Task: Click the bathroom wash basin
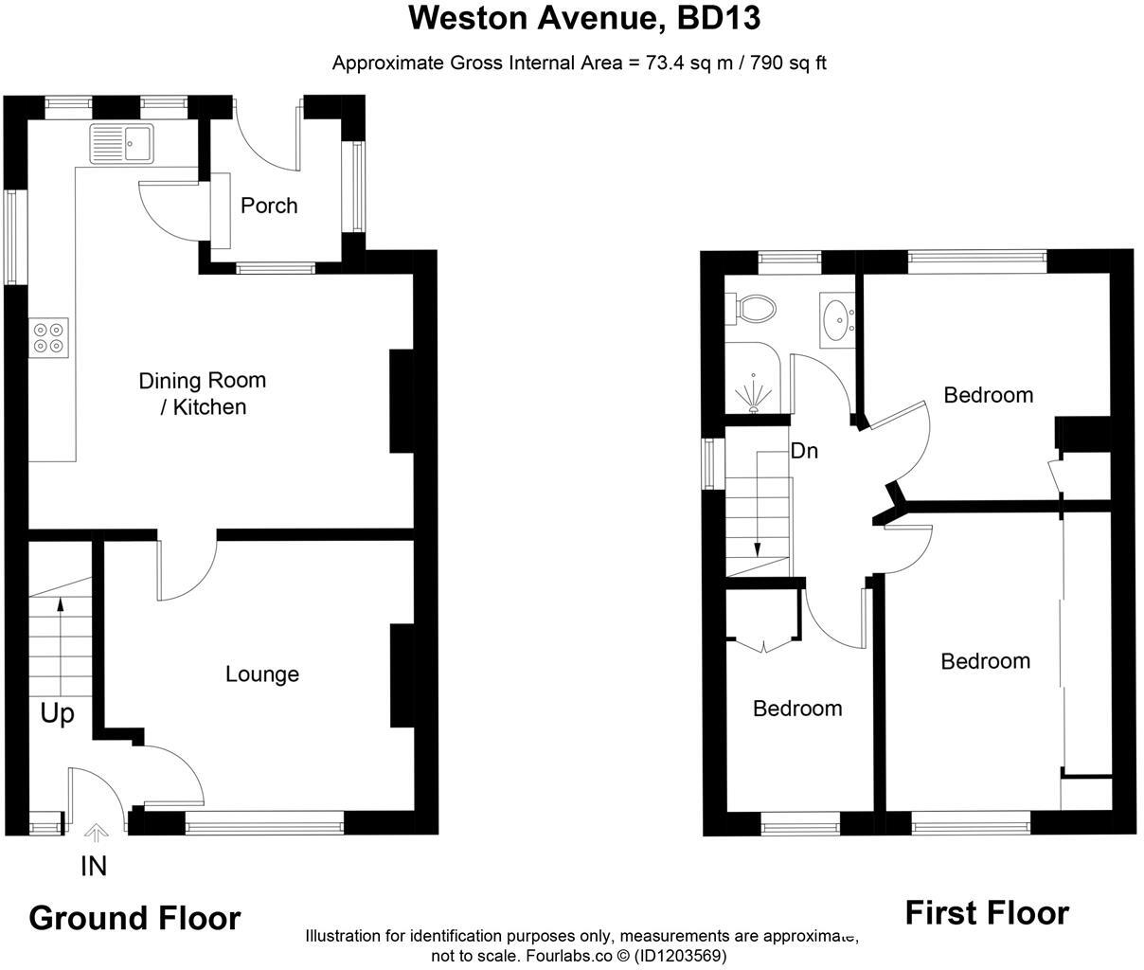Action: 838,319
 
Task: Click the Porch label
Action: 269,206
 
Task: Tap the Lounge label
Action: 262,674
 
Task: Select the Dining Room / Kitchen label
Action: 203,393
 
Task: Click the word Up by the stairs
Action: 57,713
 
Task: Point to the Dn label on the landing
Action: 803,451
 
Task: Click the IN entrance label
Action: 94,866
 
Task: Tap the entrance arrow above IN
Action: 95,834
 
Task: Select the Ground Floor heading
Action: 135,918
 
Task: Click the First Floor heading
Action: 987,913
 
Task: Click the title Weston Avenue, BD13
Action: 584,18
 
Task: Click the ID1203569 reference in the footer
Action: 678,956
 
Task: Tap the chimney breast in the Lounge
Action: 402,674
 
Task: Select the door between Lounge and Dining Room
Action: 188,568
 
